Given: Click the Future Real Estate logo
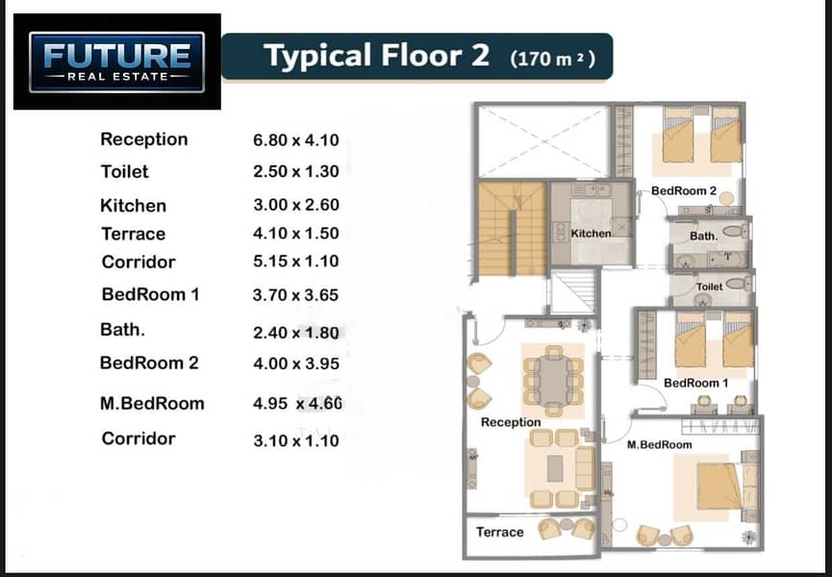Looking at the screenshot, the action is (x=116, y=62).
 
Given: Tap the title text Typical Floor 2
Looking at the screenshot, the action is (x=376, y=55).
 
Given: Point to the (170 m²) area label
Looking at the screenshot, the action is (x=552, y=58).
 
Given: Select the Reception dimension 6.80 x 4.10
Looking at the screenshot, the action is (x=296, y=140).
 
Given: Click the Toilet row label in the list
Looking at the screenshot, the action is (x=125, y=171).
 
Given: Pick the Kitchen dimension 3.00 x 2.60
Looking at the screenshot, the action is (x=296, y=205).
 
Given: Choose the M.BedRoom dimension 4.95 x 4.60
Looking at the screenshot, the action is (x=297, y=403).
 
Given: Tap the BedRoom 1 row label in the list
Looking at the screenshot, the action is (x=151, y=294).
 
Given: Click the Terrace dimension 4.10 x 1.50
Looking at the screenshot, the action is (x=296, y=234).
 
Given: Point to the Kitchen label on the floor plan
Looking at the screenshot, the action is (x=592, y=234).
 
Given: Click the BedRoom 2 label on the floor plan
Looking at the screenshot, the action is (x=684, y=190).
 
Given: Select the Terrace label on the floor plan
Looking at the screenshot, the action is (x=500, y=532).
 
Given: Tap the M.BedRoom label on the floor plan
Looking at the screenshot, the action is (x=660, y=444).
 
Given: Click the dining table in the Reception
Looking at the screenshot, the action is (x=553, y=380).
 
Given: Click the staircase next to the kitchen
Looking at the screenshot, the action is (x=512, y=229).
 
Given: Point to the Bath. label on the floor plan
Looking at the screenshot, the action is (x=703, y=236).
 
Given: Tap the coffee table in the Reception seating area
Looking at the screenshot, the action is (x=555, y=467).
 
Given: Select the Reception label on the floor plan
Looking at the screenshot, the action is (x=511, y=422).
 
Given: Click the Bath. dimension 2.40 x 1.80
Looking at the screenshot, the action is (x=296, y=333).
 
